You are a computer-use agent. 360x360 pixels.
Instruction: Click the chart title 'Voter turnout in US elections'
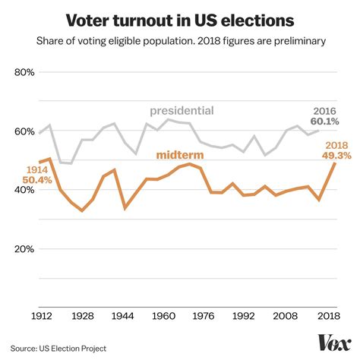[180, 19]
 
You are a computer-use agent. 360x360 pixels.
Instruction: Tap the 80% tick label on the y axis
[24, 73]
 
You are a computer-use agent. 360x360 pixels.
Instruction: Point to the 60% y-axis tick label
[24, 131]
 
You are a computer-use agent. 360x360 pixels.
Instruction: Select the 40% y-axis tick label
[24, 190]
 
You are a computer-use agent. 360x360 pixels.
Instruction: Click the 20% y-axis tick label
[24, 248]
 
